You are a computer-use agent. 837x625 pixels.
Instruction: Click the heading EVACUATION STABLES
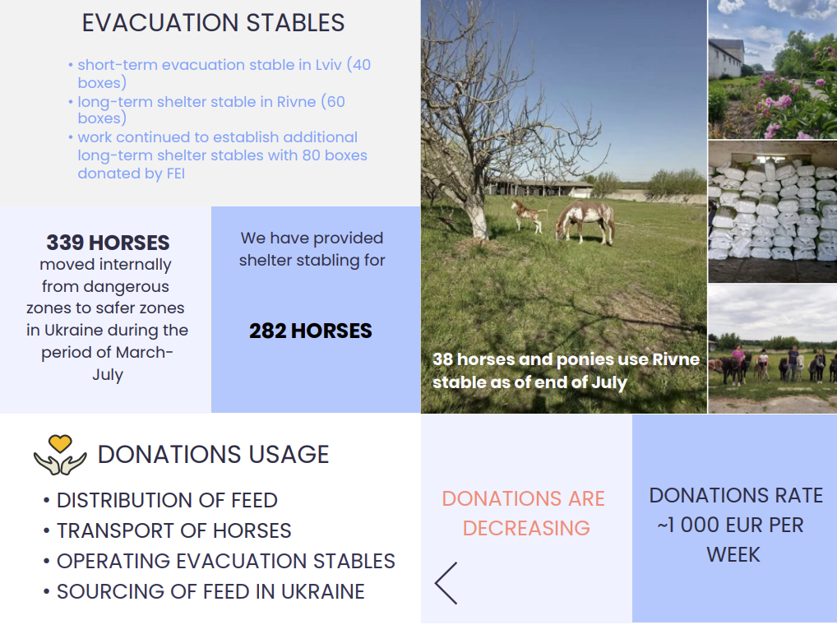[x=213, y=23]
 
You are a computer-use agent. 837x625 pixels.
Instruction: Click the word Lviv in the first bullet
[x=328, y=65]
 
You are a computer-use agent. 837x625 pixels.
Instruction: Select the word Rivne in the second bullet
[x=296, y=101]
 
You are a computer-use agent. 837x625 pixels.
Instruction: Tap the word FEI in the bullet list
[x=176, y=174]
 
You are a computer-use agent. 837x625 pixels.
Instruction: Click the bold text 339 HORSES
[x=108, y=243]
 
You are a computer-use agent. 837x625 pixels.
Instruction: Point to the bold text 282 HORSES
[x=311, y=331]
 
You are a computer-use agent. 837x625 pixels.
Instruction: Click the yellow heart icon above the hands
[x=60, y=443]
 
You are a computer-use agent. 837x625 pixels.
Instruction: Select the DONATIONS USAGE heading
[x=214, y=455]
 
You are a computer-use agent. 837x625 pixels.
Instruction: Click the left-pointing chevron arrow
[x=445, y=583]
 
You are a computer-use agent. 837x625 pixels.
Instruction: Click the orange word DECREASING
[x=526, y=529]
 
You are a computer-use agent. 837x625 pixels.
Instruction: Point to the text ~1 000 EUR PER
[x=730, y=525]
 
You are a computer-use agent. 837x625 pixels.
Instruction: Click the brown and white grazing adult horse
[x=585, y=220]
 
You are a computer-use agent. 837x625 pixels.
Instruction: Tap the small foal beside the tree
[x=527, y=215]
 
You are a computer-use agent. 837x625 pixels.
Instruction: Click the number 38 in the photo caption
[x=442, y=359]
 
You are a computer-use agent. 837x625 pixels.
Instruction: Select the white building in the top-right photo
[x=725, y=58]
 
